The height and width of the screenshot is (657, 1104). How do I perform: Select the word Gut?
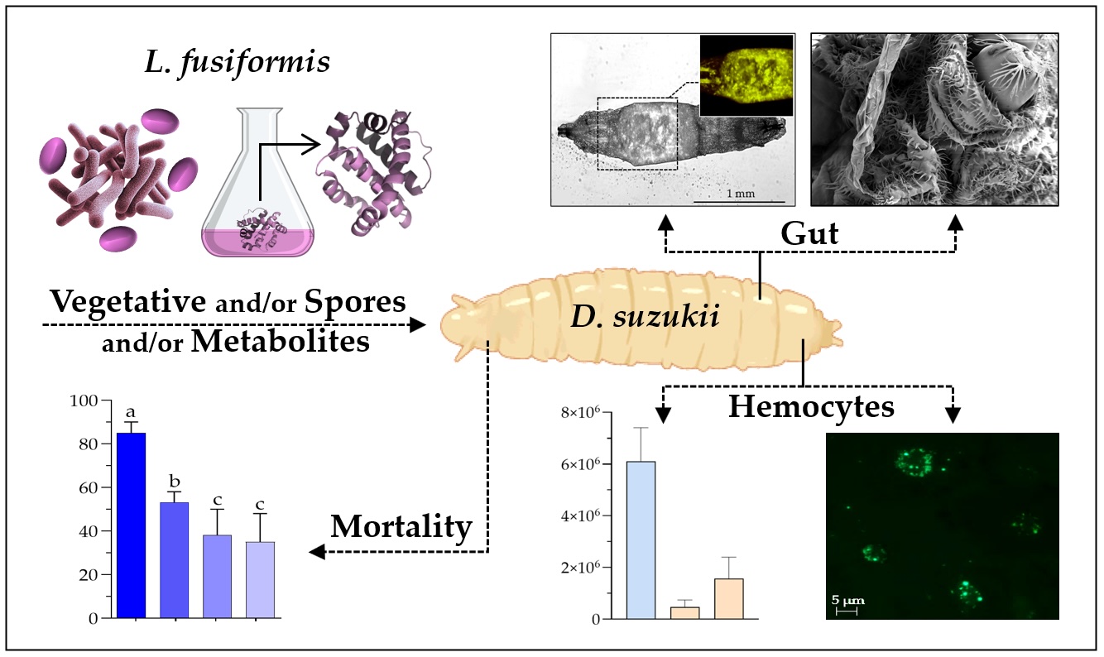tap(809, 233)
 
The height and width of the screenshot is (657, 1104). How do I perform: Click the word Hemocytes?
tap(811, 406)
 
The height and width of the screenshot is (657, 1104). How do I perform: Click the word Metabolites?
tap(280, 340)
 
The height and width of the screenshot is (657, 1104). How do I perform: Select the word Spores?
tap(356, 301)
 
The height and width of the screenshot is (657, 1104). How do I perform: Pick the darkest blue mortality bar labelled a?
tap(131, 525)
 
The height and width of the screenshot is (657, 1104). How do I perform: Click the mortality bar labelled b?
tap(174, 559)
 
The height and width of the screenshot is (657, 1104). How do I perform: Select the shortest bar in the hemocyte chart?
tap(684, 612)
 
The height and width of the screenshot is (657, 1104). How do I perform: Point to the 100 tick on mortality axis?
tap(86, 400)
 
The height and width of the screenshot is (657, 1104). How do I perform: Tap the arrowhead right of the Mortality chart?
tap(315, 553)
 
